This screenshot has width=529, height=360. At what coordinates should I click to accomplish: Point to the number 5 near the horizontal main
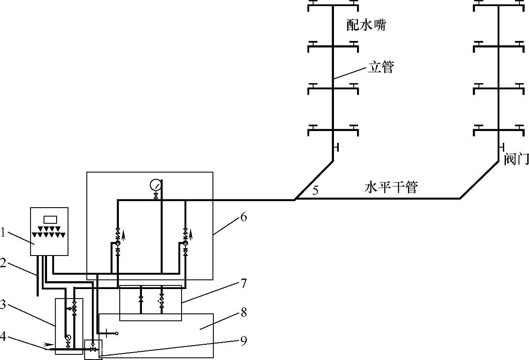[316, 190]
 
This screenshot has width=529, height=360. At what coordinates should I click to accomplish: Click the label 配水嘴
[366, 25]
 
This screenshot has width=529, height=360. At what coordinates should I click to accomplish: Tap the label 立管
[381, 67]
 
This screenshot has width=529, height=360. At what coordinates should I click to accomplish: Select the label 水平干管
[391, 188]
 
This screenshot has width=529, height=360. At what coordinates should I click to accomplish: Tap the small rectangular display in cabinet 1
[51, 219]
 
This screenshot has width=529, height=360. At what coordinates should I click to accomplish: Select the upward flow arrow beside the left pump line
[124, 236]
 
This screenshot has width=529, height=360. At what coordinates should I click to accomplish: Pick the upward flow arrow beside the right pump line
[191, 236]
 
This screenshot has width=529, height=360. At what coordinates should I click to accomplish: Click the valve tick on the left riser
[336, 148]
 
